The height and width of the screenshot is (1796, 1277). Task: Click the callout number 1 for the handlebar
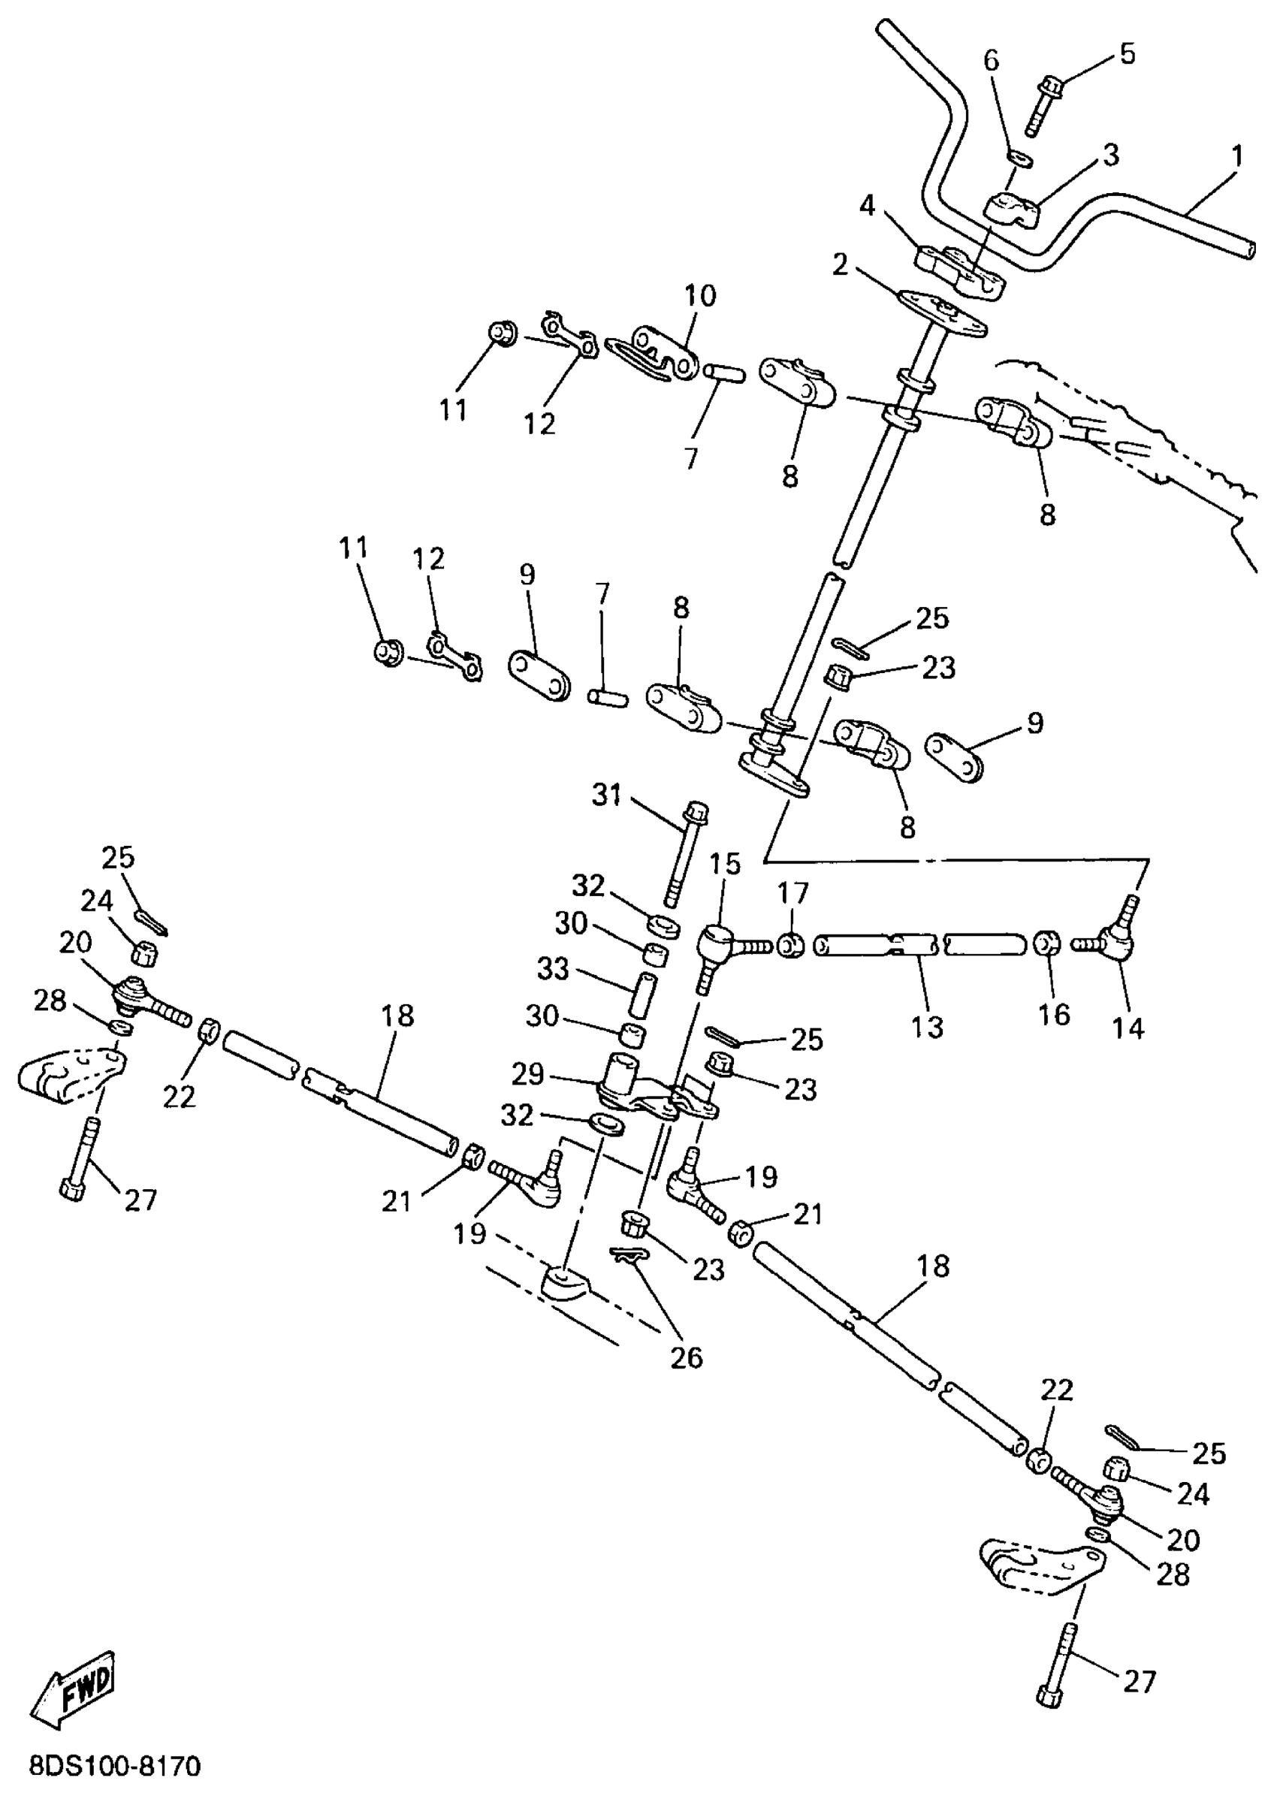pyautogui.click(x=1237, y=155)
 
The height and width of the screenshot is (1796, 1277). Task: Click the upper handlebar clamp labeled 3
pyautogui.click(x=1012, y=212)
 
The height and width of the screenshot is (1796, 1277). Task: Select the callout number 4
pyautogui.click(x=867, y=207)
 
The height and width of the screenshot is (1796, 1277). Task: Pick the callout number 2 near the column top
pyautogui.click(x=840, y=266)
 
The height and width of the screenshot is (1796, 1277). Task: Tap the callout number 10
pyautogui.click(x=700, y=297)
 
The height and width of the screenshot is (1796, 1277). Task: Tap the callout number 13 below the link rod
pyautogui.click(x=927, y=1027)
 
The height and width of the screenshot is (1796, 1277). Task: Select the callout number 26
pyautogui.click(x=686, y=1357)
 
